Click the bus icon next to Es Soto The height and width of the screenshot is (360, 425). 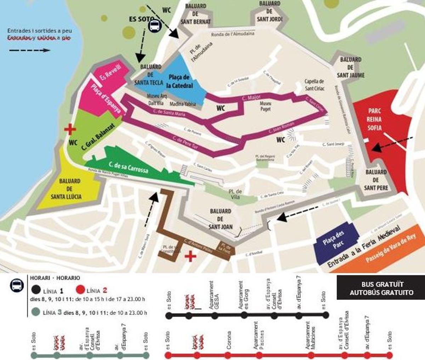[x=154, y=26]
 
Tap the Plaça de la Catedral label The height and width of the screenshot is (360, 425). [x=179, y=81]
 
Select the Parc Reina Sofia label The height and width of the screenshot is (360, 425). [x=374, y=119]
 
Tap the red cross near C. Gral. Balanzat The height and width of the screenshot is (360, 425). [x=70, y=129]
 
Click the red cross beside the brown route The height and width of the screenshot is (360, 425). [x=191, y=256]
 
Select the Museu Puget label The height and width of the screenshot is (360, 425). [x=265, y=106]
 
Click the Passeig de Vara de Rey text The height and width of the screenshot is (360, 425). [x=390, y=249]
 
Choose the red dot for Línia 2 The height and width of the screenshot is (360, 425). [x=80, y=291]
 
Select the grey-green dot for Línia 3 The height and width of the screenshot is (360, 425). [x=34, y=313]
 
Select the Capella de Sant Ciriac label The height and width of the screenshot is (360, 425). [x=314, y=85]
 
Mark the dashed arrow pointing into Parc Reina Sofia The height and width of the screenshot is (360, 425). [x=392, y=143]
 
